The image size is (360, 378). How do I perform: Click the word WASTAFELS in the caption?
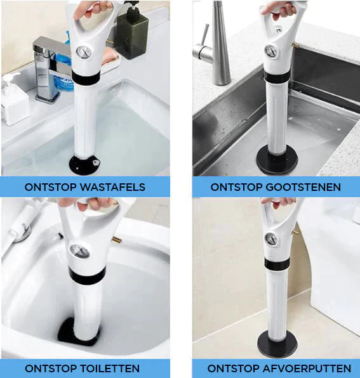pyautogui.click(x=112, y=187)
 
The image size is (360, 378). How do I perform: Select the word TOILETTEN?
pyautogui.click(x=110, y=368)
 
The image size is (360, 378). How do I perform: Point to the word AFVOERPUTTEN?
pyautogui.click(x=307, y=368)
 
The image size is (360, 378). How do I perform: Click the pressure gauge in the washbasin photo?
pyautogui.click(x=83, y=52)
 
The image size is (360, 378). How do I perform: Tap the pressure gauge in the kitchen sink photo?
pyautogui.click(x=271, y=51)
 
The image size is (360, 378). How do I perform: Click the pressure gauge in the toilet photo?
pyautogui.click(x=79, y=251)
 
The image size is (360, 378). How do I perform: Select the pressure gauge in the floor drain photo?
pyautogui.click(x=271, y=238)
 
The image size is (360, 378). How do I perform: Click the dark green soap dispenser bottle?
pyautogui.click(x=132, y=31)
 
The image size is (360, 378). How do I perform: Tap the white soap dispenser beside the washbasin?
pyautogui.click(x=14, y=101)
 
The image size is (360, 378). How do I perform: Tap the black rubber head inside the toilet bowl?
pyautogui.click(x=79, y=332)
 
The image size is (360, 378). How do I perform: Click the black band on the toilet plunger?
pyautogui.click(x=87, y=275)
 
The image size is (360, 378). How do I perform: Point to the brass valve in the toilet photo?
pyautogui.click(x=117, y=240)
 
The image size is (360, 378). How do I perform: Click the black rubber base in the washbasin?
pyautogui.click(x=84, y=165)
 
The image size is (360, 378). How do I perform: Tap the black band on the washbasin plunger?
pyautogui.click(x=86, y=77)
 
